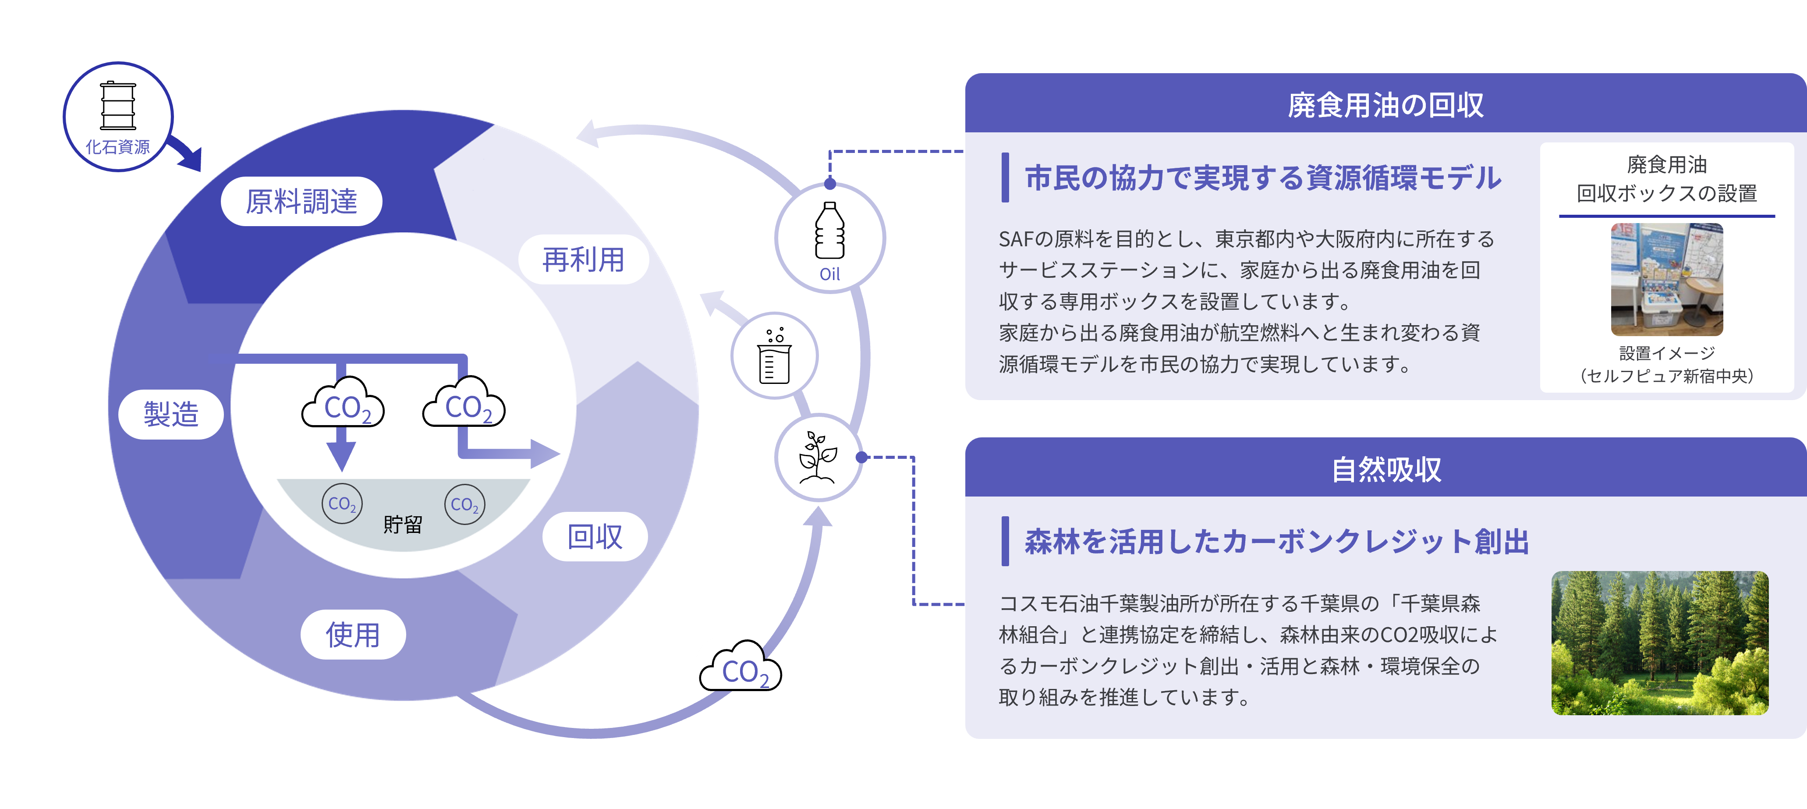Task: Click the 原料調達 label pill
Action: pos(301,201)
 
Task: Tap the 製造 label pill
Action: pos(171,414)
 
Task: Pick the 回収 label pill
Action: pos(595,537)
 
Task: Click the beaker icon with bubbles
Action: pos(774,356)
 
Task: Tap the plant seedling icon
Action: pos(818,458)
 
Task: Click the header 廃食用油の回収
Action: pos(1385,105)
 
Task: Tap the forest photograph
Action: pos(1660,643)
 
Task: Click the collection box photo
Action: pos(1667,279)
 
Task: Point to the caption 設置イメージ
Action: pos(1667,353)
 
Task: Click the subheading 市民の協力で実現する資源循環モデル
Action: pos(1263,177)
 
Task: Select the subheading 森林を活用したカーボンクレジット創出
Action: pos(1277,542)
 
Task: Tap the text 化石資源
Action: pos(118,147)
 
